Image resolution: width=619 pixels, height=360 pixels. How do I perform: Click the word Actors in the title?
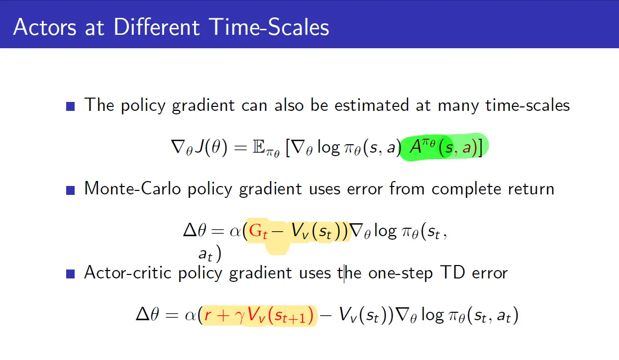[x=45, y=27]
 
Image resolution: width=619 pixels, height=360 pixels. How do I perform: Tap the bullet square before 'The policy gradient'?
[x=71, y=106]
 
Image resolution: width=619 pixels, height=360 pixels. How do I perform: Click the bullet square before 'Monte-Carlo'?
[x=71, y=190]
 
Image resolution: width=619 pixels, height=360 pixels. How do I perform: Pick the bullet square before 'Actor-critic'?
[x=71, y=274]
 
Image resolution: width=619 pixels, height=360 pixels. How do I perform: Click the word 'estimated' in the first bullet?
[x=372, y=105]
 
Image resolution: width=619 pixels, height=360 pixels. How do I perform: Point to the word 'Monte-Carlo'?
[x=133, y=188]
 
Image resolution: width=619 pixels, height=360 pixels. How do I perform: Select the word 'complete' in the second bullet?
[x=466, y=189]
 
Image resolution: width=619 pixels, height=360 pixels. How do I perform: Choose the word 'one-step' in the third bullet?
[x=401, y=273]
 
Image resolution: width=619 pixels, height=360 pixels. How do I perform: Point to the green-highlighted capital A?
[x=415, y=147]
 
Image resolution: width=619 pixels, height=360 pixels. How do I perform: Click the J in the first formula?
[x=199, y=147]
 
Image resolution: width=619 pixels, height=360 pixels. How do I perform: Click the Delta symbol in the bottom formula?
[x=143, y=314]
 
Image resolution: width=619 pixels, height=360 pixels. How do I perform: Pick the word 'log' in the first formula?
[x=329, y=148]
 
